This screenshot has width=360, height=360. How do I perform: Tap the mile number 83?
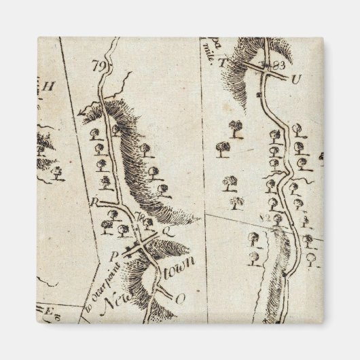coord(277,65)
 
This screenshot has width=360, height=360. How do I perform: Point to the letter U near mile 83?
coord(295,78)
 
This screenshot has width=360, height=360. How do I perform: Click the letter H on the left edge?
coord(48,86)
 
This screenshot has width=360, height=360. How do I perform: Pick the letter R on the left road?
coord(96,200)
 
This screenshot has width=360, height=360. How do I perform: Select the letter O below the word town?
coord(180,298)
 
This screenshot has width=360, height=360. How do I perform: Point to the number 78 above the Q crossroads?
coord(141,218)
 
